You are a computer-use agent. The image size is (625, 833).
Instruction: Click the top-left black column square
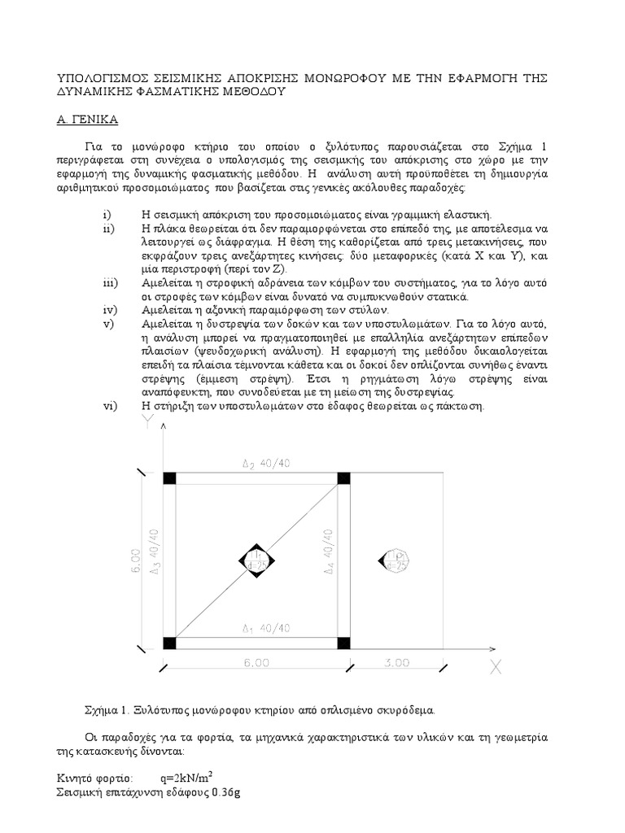169,478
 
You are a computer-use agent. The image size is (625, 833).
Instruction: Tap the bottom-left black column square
169,643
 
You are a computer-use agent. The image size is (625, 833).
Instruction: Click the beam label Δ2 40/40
259,464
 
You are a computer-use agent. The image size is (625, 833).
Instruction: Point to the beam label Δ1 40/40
259,628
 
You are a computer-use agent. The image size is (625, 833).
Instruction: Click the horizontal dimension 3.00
396,663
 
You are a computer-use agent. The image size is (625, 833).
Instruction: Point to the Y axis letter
147,421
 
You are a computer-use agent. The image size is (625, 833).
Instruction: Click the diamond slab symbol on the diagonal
257,560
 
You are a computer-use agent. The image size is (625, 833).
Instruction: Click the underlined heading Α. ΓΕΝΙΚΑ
88,120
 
